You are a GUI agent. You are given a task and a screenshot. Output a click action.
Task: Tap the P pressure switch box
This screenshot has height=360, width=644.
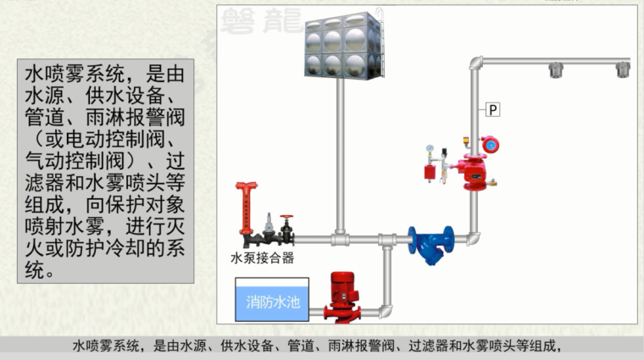click(x=493, y=108)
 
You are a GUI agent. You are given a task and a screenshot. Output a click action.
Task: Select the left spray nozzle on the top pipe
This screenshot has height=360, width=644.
click(x=557, y=70)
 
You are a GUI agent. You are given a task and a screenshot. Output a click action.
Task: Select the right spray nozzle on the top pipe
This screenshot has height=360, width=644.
click(x=623, y=70)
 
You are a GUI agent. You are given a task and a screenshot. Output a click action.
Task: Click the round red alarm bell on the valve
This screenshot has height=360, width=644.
click(x=489, y=145)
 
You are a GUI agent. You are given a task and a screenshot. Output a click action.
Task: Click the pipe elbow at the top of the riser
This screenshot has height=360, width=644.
click(x=477, y=64)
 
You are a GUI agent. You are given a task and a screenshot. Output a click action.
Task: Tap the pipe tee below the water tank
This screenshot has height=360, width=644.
click(x=340, y=238)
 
